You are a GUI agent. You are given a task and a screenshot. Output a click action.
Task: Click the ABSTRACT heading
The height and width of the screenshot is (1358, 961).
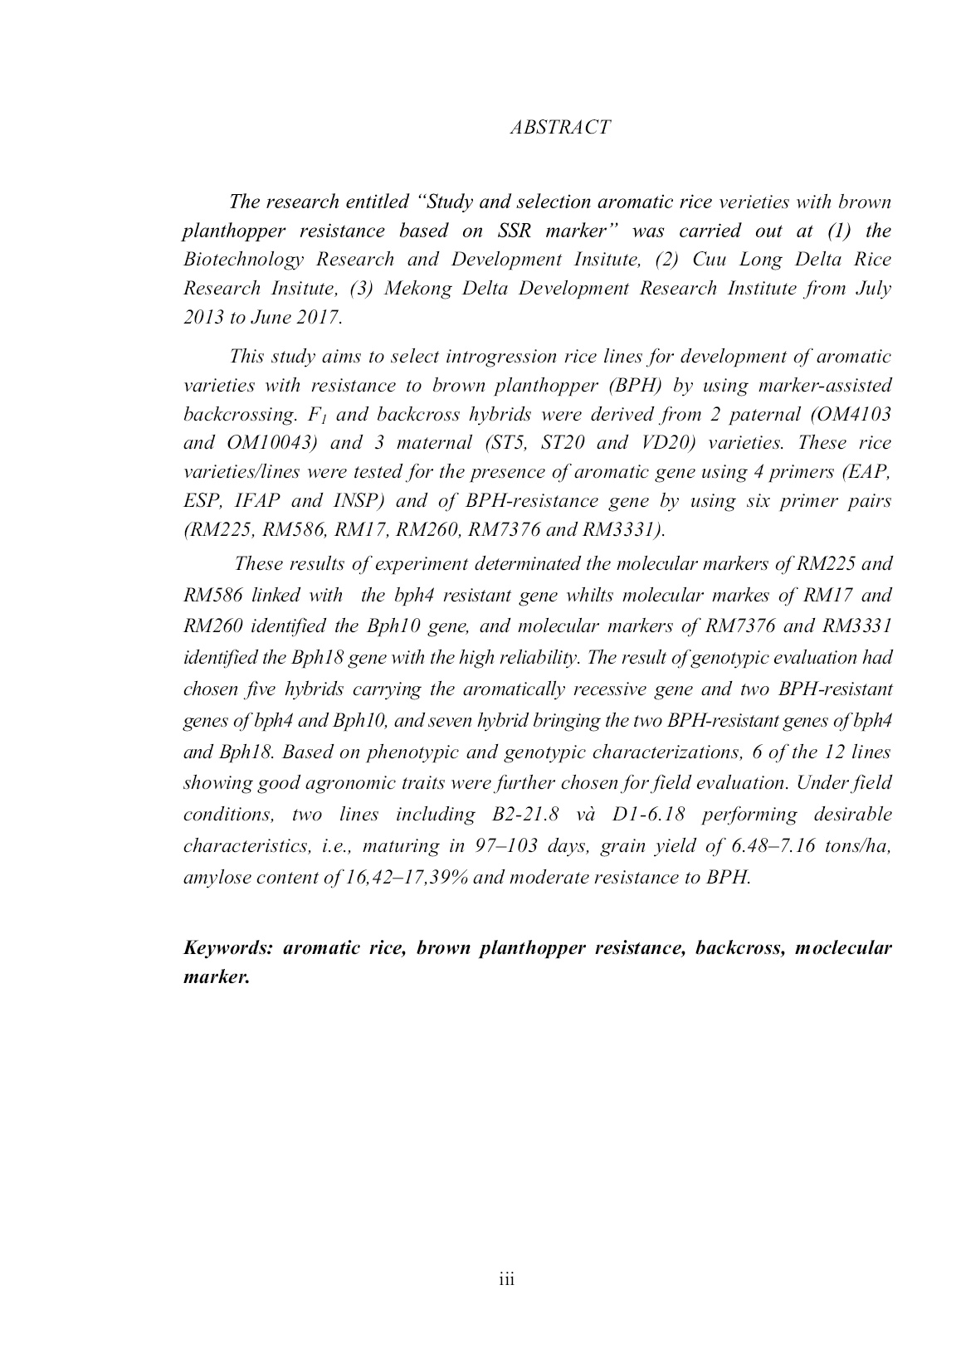(x=560, y=127)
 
